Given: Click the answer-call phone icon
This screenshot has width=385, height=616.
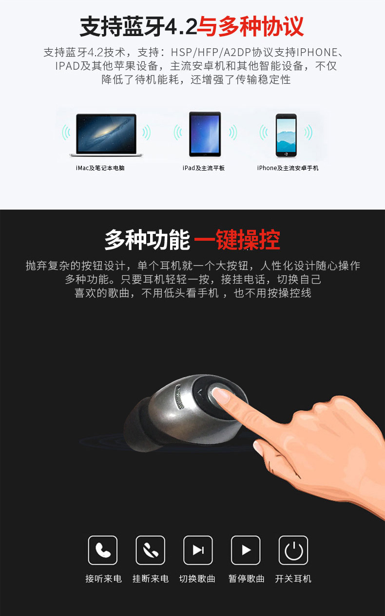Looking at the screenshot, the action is point(103,550).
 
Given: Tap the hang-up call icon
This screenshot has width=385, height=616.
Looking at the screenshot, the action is point(151,550).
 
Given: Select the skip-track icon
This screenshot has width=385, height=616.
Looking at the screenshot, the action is point(198,550).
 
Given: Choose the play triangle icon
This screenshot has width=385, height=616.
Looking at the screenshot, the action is point(246,550).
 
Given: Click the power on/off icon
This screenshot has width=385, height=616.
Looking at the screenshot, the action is point(293,550).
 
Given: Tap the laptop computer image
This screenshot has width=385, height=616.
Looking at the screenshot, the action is point(106,135).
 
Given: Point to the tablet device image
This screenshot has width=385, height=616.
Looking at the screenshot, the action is point(205,134).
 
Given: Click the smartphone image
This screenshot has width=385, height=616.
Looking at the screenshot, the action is point(286,135).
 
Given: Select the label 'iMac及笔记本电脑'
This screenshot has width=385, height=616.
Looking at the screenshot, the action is point(100,168).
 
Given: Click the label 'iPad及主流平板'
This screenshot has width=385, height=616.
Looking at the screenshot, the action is point(204,168).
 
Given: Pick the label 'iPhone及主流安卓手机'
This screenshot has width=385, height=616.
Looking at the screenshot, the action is point(288,168).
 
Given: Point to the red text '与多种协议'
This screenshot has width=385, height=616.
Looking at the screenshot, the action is point(250,26).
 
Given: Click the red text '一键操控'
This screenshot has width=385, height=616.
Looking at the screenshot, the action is point(237,239).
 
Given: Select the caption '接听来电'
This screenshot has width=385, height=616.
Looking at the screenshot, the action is point(103,578).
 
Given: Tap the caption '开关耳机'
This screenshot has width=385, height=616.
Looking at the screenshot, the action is point(293,578).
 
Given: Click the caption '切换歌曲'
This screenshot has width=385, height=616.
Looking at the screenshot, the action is point(197,578).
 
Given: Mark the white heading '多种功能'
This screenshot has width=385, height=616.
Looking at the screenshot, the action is point(147,239).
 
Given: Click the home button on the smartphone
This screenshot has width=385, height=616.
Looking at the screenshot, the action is point(286,154).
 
